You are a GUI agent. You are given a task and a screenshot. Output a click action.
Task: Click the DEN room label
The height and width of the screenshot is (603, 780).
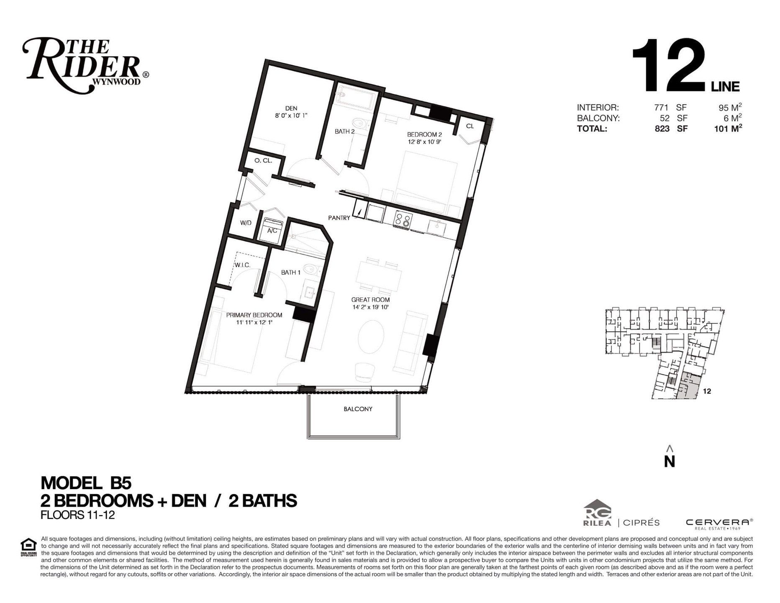pos(291,108)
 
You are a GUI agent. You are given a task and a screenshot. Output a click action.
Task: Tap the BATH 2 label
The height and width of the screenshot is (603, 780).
pos(345,131)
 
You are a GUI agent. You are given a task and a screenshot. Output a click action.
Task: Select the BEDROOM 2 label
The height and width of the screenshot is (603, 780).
pos(424,135)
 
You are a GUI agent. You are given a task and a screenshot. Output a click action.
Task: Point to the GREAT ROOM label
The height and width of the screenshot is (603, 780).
pos(370,300)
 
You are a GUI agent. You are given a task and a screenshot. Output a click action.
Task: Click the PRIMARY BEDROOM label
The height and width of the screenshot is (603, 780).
pos(254,315)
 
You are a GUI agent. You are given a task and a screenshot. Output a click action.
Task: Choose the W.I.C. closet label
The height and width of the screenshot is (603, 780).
pos(242,265)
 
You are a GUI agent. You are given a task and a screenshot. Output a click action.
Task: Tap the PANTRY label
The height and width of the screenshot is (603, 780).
pos(339,218)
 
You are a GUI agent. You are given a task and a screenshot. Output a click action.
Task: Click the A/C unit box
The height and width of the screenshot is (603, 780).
pos(272,230)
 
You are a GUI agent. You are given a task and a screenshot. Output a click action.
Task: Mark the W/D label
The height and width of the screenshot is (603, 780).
pos(246,223)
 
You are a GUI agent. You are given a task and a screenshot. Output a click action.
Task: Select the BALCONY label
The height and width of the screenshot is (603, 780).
pos(358,409)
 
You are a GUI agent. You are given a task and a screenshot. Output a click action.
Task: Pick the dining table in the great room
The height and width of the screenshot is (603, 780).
pos(379,277)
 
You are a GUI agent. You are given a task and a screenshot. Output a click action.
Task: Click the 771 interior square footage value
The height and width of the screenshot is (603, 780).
pos(662,107)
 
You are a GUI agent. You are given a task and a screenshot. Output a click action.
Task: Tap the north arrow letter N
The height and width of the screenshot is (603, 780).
pos(670,461)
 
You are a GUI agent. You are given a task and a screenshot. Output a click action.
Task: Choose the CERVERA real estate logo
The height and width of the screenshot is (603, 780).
pos(719,523)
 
